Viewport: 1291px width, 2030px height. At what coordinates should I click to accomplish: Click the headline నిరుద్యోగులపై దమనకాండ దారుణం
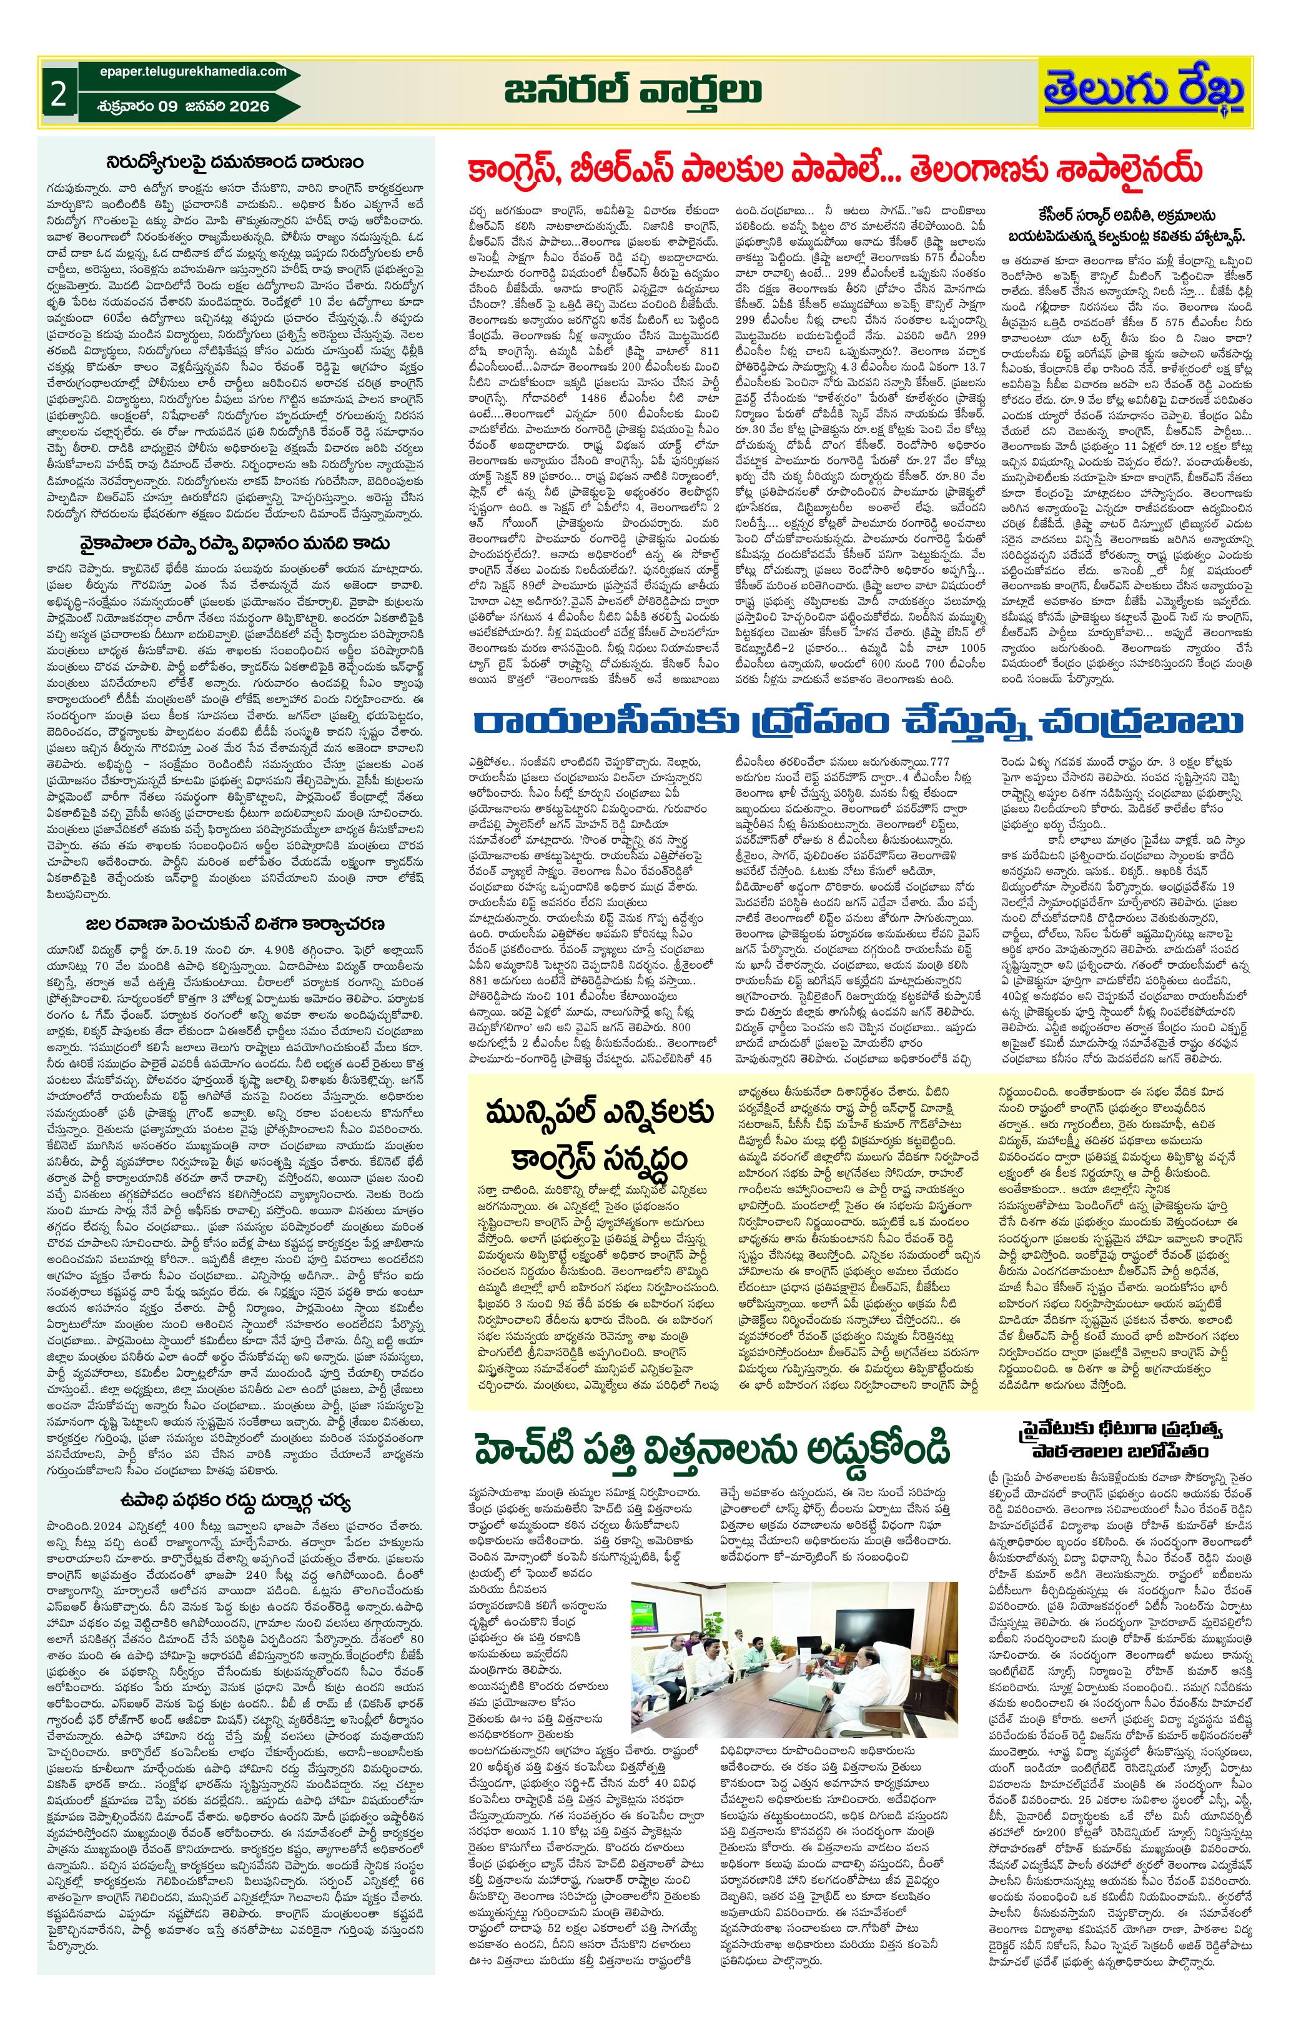(x=235, y=159)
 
